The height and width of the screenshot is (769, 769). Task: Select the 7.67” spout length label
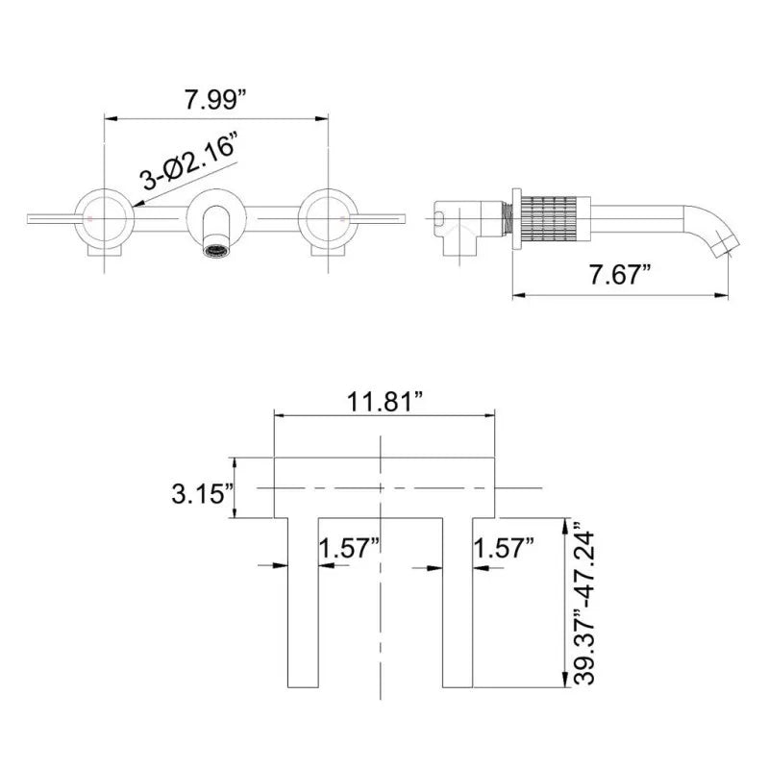click(620, 274)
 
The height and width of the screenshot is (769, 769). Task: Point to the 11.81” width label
click(385, 402)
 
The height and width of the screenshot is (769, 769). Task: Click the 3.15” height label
click(203, 493)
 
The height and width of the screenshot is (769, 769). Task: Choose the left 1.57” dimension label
click(350, 547)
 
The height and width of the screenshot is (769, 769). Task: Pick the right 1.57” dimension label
click(504, 547)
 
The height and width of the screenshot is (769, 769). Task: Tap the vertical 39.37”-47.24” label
click(584, 607)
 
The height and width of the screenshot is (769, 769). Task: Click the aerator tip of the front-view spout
click(216, 251)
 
